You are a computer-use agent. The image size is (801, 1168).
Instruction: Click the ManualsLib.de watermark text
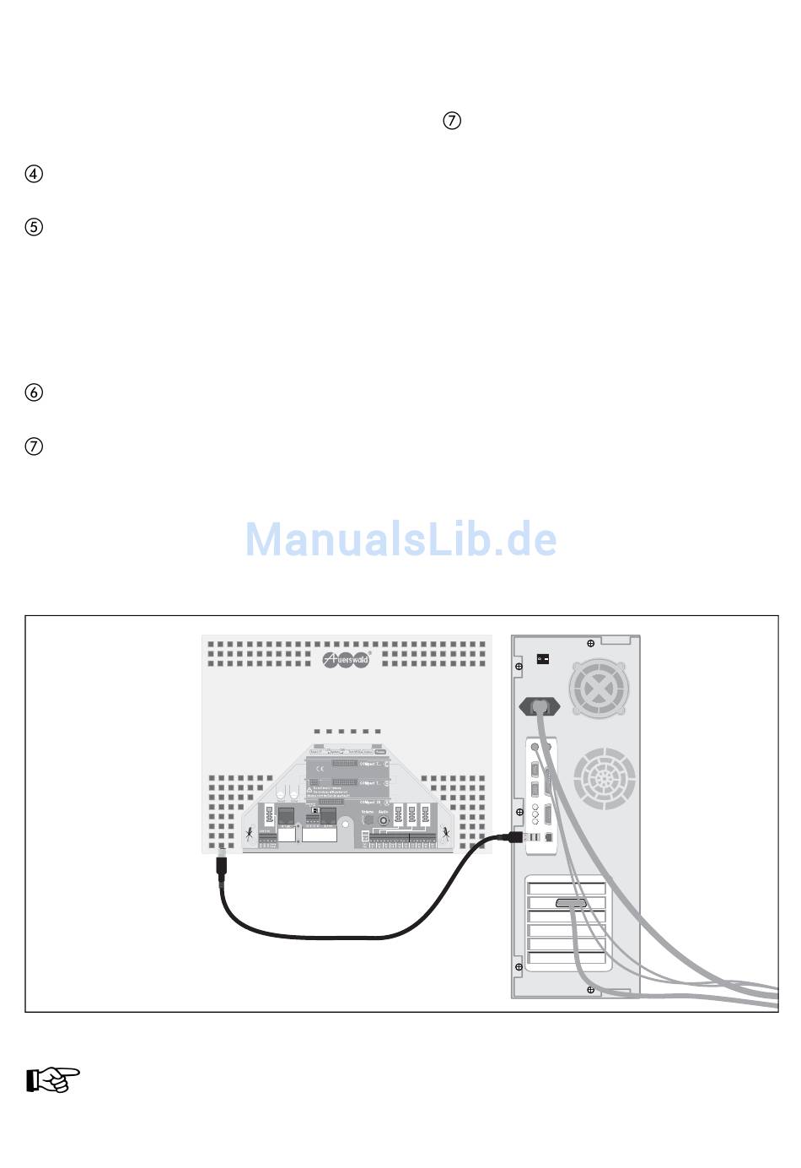click(x=400, y=539)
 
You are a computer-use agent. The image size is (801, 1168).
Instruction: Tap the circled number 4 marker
click(x=34, y=175)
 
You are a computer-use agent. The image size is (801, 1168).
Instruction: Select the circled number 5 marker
click(x=34, y=228)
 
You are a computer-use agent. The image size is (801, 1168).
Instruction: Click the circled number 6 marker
click(x=34, y=392)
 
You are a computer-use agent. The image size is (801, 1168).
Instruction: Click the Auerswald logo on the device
click(x=347, y=659)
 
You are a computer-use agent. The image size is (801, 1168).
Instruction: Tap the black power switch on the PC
click(x=543, y=658)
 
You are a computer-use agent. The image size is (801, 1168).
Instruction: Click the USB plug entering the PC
click(x=516, y=836)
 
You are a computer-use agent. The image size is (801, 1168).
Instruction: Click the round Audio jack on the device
click(x=384, y=818)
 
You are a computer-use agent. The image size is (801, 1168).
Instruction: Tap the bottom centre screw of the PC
click(x=590, y=988)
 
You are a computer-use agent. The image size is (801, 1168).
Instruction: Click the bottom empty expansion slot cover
click(x=567, y=959)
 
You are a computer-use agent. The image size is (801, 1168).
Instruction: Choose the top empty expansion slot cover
click(x=567, y=889)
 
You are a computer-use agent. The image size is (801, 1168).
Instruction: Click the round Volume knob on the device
click(x=367, y=818)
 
